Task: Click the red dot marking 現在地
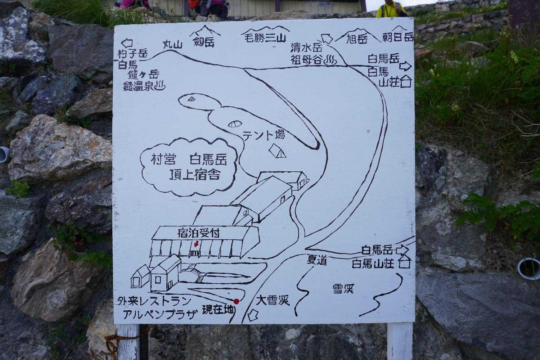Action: coord(236,301)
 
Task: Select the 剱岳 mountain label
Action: coord(204,42)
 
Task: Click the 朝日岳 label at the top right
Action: coord(398,37)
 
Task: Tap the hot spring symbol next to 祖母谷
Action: coord(331,60)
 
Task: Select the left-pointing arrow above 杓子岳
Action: coord(127,44)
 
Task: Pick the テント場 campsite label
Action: coord(264,135)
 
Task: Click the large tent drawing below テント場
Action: coord(277,151)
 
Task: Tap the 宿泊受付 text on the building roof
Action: coord(199,233)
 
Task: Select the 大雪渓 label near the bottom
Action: coord(273,301)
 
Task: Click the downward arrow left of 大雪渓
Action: coord(253,315)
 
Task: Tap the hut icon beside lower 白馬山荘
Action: coord(405,262)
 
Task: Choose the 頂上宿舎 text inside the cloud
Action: coord(194,175)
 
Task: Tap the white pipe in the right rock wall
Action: coord(528,268)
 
